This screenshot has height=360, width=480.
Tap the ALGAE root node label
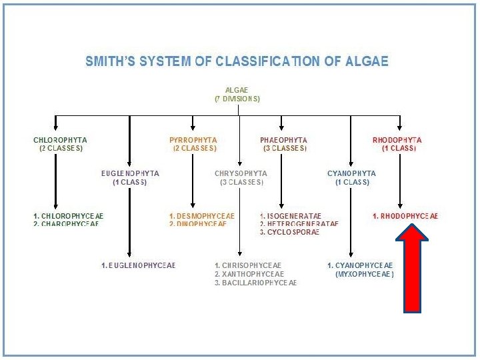(x=237, y=90)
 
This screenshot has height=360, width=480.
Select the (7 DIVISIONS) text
(x=237, y=99)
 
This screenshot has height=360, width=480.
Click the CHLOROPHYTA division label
(x=60, y=140)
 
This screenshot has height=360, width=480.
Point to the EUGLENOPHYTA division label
(x=130, y=173)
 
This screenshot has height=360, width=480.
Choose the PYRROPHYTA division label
(x=193, y=140)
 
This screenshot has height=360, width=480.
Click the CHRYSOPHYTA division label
(x=241, y=173)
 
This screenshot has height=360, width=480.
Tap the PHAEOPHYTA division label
(x=283, y=140)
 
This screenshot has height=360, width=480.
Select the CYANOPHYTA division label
(x=351, y=173)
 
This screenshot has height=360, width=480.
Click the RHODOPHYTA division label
(x=397, y=140)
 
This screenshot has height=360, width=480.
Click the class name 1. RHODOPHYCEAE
(x=405, y=216)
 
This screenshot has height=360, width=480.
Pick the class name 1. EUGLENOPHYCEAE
(x=139, y=265)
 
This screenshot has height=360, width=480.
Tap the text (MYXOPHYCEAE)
(x=365, y=274)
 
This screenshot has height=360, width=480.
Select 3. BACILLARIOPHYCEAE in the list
(x=256, y=283)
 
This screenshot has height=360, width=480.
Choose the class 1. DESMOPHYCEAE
(x=201, y=216)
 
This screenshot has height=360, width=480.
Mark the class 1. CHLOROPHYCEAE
(x=69, y=216)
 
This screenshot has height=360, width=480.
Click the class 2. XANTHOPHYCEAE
(x=249, y=274)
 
